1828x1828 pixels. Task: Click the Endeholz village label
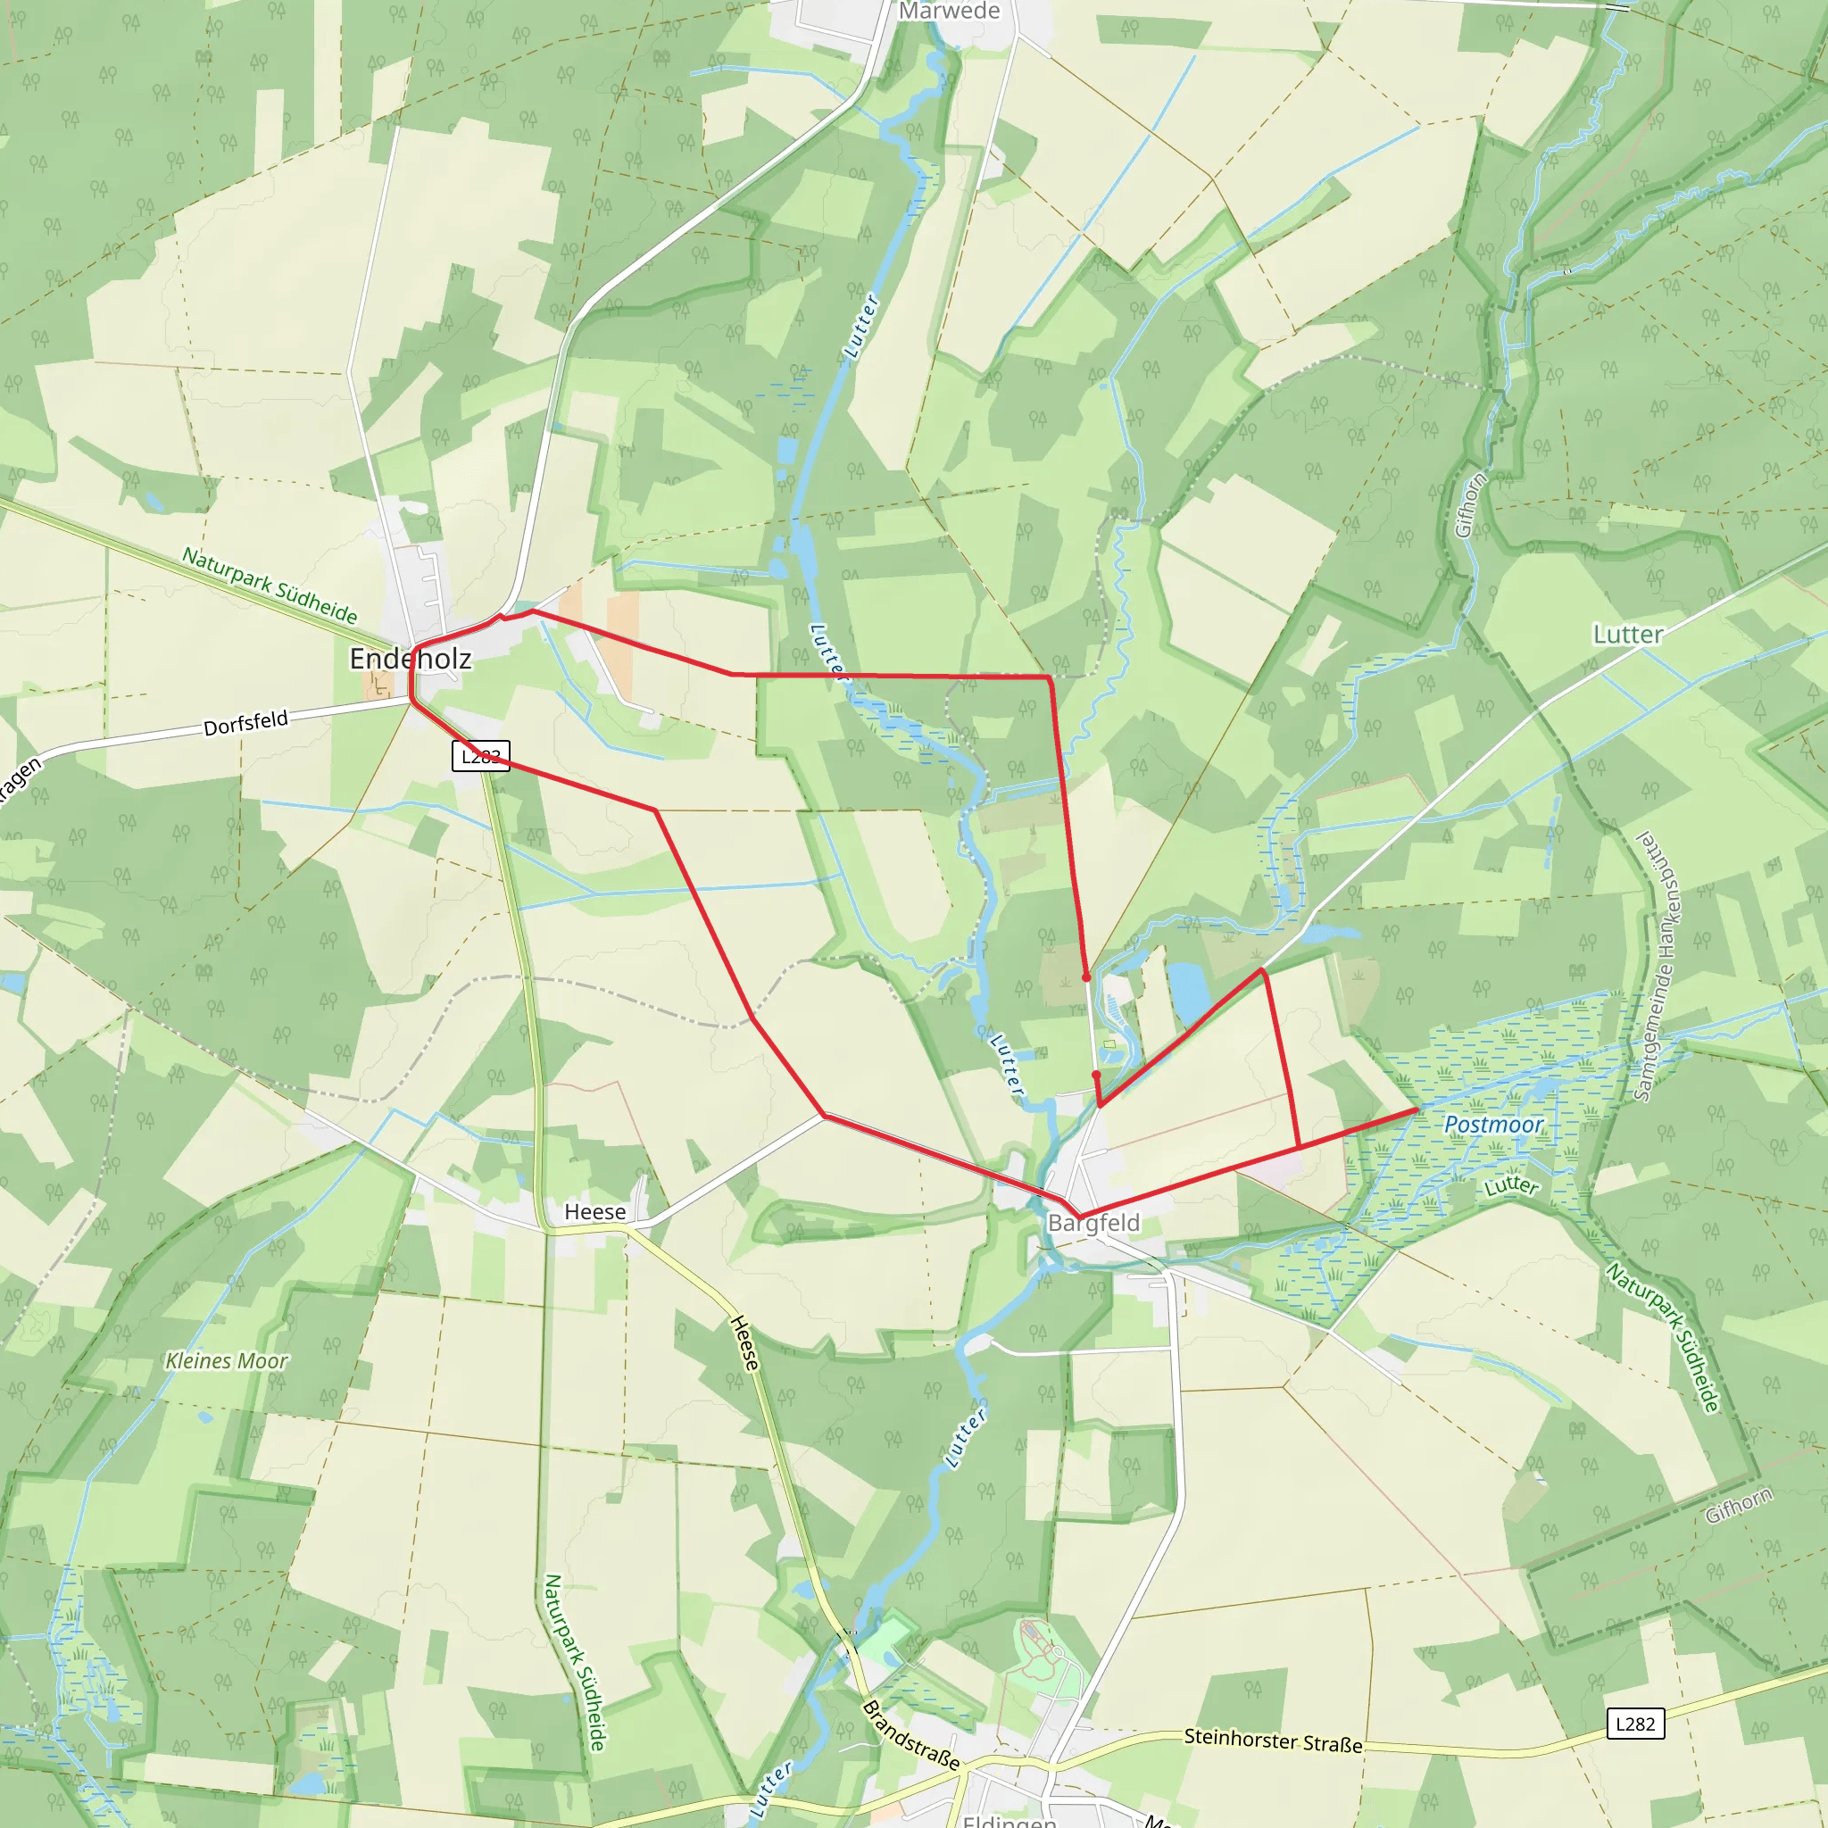(x=410, y=659)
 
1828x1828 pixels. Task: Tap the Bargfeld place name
(x=1093, y=1223)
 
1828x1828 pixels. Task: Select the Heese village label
(x=594, y=1212)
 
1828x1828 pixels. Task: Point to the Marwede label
(x=949, y=12)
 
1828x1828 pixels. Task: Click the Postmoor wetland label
(x=1493, y=1124)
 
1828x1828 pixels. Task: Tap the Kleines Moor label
(x=226, y=1360)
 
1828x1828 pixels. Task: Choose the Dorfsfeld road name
(x=246, y=723)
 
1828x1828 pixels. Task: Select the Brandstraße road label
(x=911, y=1734)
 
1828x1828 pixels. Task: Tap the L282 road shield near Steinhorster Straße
(x=1635, y=1723)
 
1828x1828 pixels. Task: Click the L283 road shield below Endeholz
(x=481, y=756)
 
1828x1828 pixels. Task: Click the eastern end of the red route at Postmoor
(x=1417, y=1109)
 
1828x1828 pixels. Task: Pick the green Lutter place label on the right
(x=1627, y=634)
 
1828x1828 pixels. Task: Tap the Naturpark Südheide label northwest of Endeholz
(x=270, y=586)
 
